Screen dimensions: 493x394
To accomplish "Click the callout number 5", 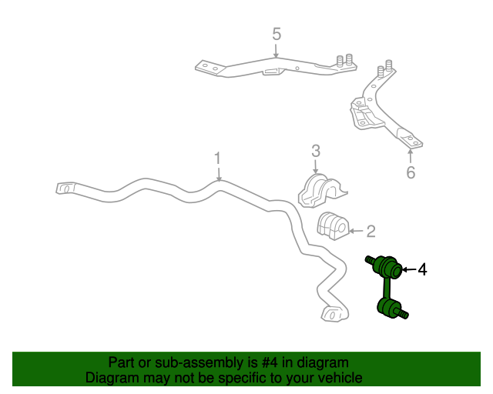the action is click(277, 34).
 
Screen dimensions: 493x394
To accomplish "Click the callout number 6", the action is click(411, 172).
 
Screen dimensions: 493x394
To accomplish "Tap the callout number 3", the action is click(316, 151).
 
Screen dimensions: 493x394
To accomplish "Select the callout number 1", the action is click(217, 158).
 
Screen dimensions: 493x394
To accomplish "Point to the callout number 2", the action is click(371, 232).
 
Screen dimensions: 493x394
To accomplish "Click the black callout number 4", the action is click(422, 269).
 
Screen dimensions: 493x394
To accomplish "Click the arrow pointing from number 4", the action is click(409, 269).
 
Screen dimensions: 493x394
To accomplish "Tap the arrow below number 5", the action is click(276, 51).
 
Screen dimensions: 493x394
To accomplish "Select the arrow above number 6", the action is click(410, 156).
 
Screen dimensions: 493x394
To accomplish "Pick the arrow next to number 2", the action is click(356, 231).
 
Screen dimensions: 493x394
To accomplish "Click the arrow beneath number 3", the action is click(316, 167).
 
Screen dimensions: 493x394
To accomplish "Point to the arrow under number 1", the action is click(219, 174).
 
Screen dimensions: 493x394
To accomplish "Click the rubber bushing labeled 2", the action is click(333, 226).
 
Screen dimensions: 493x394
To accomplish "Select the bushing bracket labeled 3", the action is click(322, 191).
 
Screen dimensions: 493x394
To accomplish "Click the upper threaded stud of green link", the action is click(370, 261).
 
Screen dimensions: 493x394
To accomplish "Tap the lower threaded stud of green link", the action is click(403, 313).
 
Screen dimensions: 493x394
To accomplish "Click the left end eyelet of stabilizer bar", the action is click(65, 189).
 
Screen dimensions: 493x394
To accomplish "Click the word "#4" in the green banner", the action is click(270, 362).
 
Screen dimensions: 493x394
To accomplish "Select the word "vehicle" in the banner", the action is click(341, 378).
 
